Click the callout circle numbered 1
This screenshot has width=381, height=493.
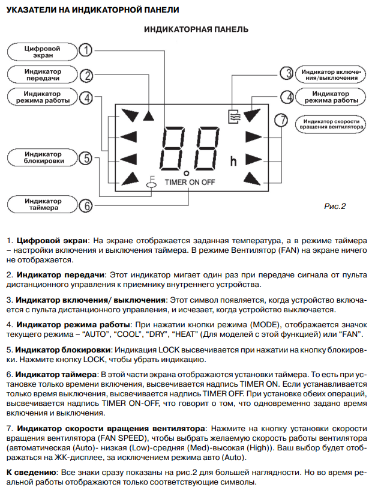[x=86, y=51]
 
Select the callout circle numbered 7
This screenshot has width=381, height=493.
[x=280, y=120]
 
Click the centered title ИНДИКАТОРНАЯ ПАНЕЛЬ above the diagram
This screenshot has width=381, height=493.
[x=197, y=29]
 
